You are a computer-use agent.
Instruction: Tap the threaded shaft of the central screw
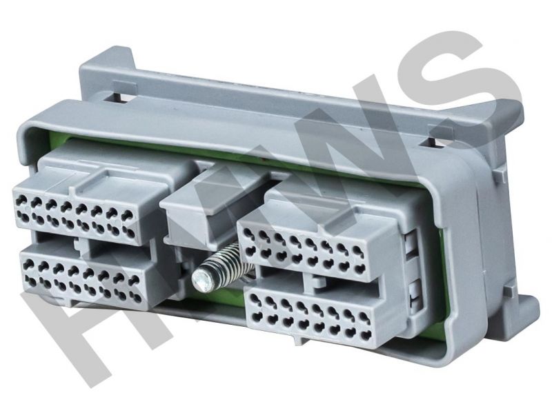pos(226,261)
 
